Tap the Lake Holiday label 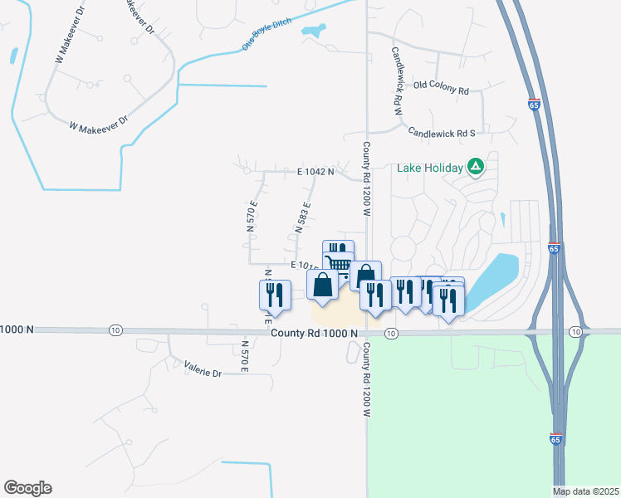429,168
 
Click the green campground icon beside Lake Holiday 475,168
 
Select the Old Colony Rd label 441,85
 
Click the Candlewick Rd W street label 397,80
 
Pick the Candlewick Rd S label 441,132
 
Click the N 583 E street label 302,217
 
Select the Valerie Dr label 203,373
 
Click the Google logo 27,488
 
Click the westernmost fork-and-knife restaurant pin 275,295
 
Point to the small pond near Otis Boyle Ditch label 313,32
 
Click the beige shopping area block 336,314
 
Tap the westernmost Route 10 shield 114,330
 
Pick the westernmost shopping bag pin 322,285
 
